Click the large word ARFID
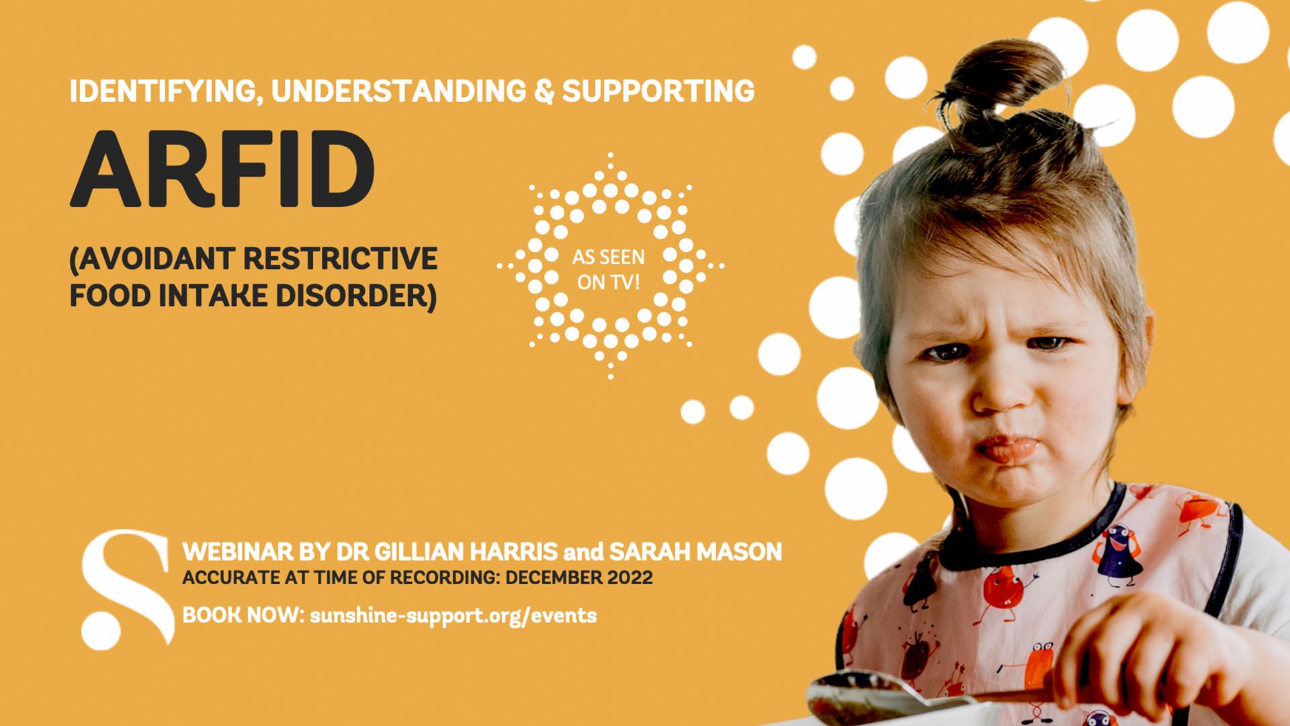coord(222,169)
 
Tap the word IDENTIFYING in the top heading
coord(165,91)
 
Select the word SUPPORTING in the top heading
coord(658,91)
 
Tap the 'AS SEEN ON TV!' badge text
coord(609,270)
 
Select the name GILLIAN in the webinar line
coord(419,552)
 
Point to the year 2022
coord(630,577)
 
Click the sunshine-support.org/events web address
coord(453,615)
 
